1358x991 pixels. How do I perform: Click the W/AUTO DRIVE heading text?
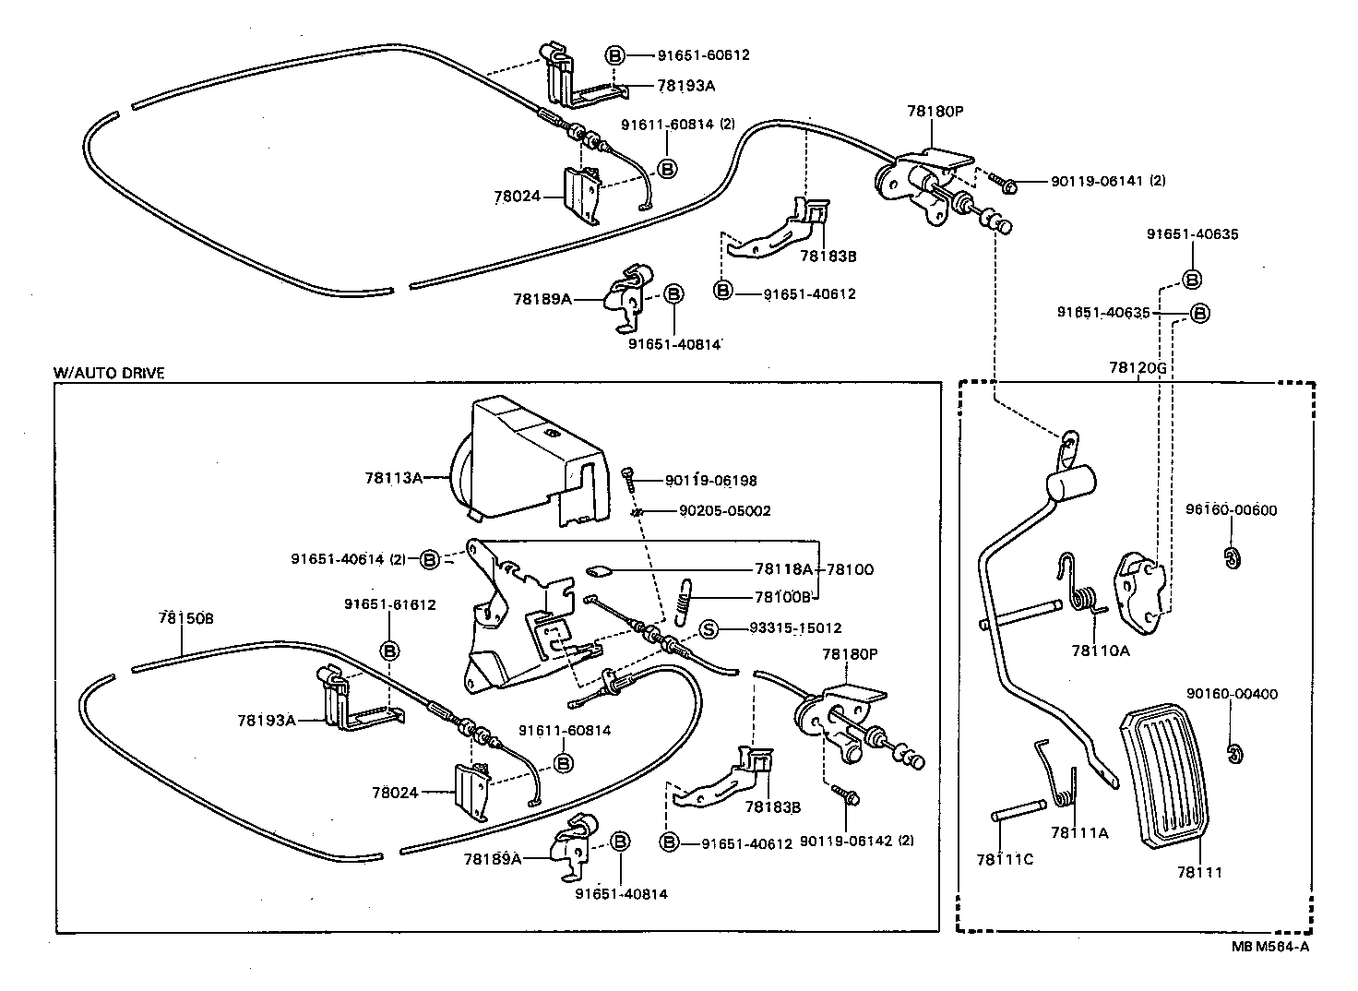click(109, 374)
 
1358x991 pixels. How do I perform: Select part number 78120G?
click(1138, 367)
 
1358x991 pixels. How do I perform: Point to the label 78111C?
click(1004, 859)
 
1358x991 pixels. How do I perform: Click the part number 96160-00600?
click(1232, 510)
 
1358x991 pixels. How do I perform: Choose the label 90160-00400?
click(1232, 694)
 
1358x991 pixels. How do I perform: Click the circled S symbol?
click(709, 629)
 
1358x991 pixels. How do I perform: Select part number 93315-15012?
click(795, 628)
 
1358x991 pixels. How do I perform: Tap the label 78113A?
click(393, 477)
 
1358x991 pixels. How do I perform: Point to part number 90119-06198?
click(710, 481)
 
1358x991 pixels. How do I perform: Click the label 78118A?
click(783, 569)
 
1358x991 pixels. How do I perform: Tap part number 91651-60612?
click(703, 54)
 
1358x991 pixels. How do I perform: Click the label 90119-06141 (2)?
click(1107, 181)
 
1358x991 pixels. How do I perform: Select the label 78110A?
click(1100, 650)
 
